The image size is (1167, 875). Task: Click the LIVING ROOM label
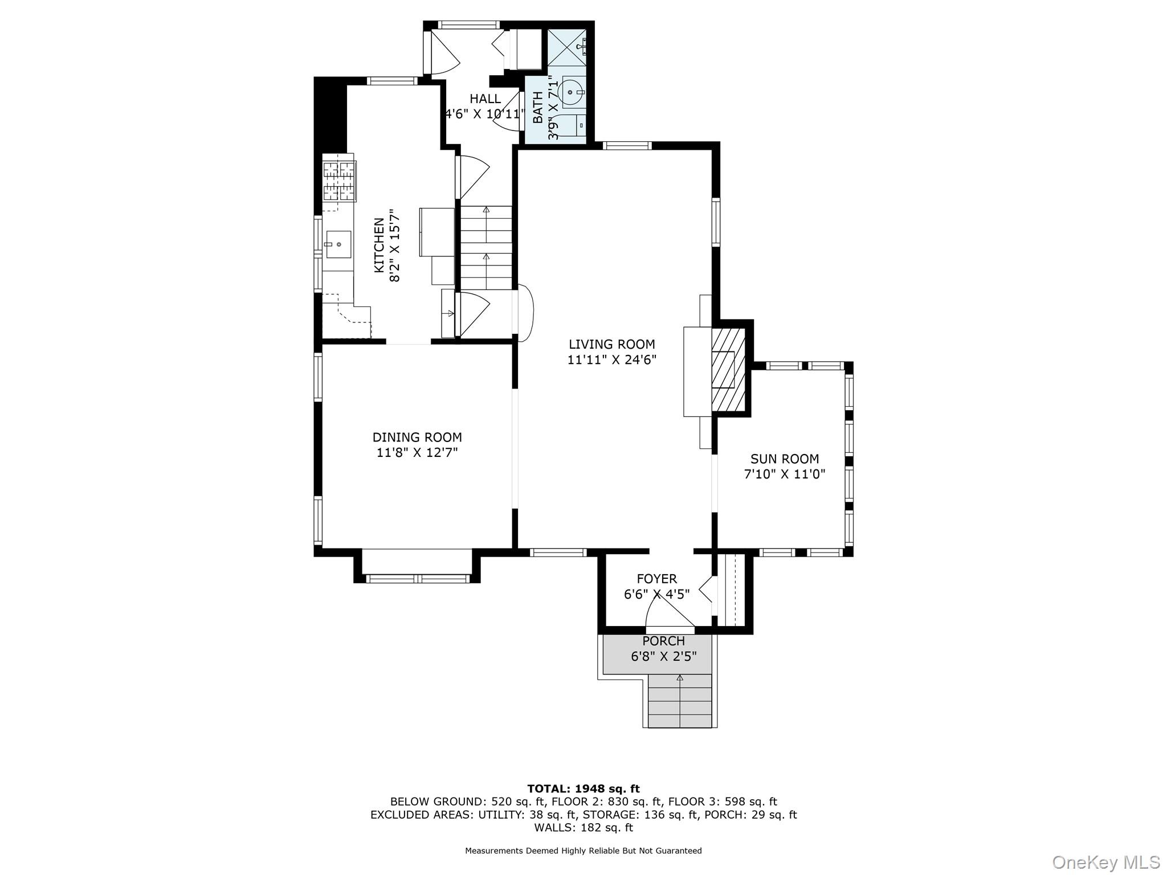(x=611, y=344)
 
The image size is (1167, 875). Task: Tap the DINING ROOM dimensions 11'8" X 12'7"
(x=417, y=452)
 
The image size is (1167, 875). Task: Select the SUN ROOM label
(x=784, y=459)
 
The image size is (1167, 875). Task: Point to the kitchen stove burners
(x=340, y=181)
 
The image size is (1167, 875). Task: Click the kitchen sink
(x=338, y=244)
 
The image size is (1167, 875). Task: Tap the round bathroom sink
(x=570, y=92)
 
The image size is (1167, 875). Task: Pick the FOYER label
(x=656, y=579)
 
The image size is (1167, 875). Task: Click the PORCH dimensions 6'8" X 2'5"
(x=663, y=656)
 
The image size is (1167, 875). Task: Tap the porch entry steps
(x=680, y=701)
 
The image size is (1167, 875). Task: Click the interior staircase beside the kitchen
(x=486, y=248)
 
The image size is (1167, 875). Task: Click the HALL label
(x=485, y=99)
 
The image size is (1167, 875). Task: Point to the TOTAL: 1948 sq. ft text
(x=583, y=788)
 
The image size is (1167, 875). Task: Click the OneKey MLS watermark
(x=1105, y=861)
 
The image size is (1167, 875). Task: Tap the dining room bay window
(x=417, y=578)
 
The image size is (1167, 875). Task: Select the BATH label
(x=538, y=107)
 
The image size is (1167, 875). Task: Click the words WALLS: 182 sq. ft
(x=583, y=827)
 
